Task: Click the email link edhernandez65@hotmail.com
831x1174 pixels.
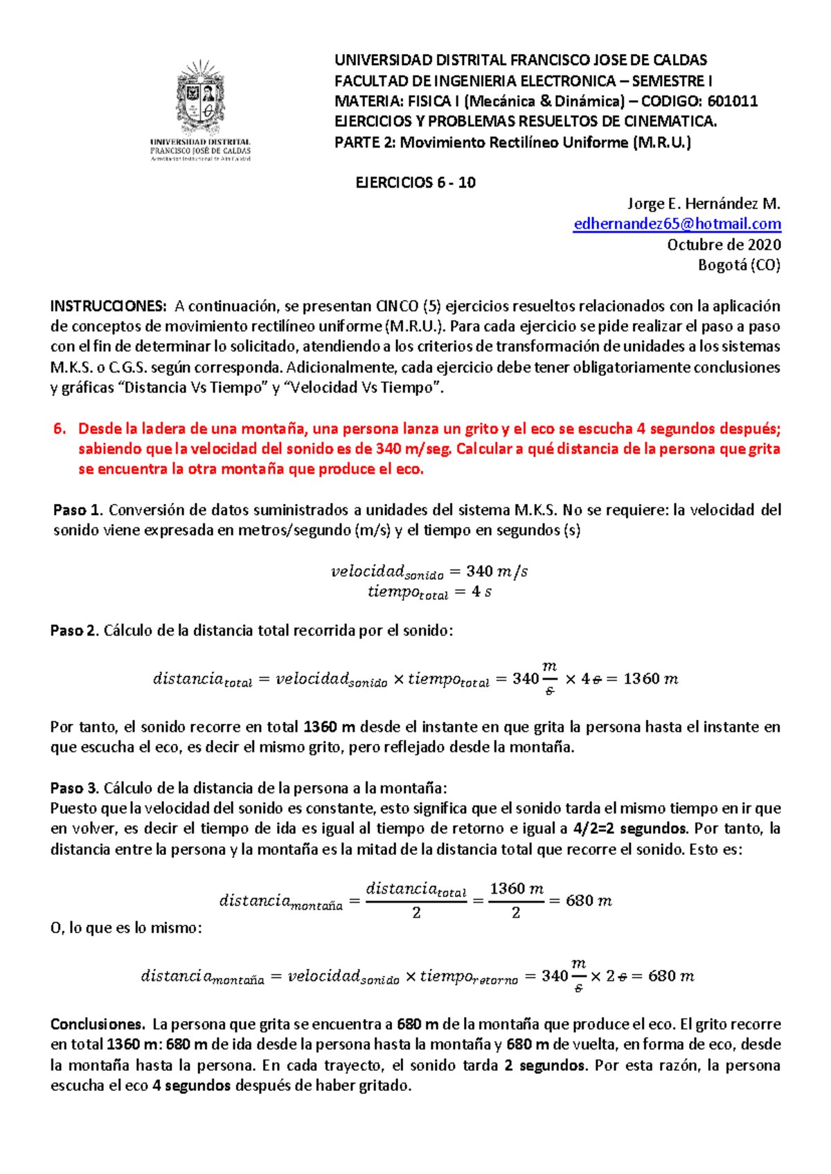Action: point(677,224)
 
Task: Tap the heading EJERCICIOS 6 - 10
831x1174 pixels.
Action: point(415,183)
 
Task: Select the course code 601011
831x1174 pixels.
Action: point(733,102)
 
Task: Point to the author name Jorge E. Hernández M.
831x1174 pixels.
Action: point(704,204)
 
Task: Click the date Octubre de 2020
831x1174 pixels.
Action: point(724,245)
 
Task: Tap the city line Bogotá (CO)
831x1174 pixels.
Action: point(738,265)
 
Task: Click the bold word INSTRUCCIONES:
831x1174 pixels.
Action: point(108,307)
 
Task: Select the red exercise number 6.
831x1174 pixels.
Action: point(60,429)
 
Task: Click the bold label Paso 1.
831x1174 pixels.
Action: point(78,511)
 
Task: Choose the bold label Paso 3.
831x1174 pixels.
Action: point(75,788)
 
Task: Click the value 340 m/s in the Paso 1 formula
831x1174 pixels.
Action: point(497,572)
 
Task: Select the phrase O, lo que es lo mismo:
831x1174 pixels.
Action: point(126,928)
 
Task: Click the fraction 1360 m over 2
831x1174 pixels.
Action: point(516,900)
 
